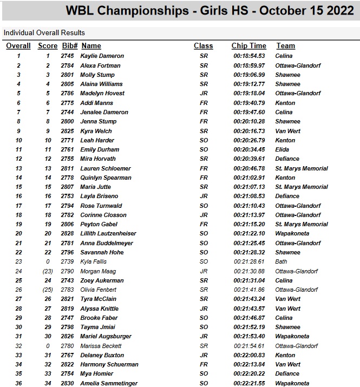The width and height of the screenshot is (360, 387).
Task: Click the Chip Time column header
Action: (x=248, y=46)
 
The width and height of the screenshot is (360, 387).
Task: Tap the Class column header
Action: (x=204, y=46)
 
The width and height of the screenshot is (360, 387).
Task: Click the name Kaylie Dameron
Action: (x=102, y=56)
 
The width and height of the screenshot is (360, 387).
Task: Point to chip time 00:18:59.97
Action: (x=249, y=65)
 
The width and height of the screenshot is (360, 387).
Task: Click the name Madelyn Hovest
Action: (x=102, y=93)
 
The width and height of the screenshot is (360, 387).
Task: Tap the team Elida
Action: (x=283, y=149)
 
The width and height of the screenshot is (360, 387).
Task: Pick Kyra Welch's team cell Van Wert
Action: (x=287, y=131)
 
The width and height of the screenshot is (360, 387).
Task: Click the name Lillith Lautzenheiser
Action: (x=108, y=233)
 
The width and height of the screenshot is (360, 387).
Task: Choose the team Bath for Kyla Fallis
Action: (x=282, y=261)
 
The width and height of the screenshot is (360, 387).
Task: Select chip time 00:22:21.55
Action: (x=249, y=383)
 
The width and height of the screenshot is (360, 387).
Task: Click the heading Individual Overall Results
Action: (x=44, y=32)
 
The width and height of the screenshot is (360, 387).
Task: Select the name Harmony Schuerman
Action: (x=109, y=364)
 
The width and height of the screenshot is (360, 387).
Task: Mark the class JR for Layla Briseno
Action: (x=204, y=196)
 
